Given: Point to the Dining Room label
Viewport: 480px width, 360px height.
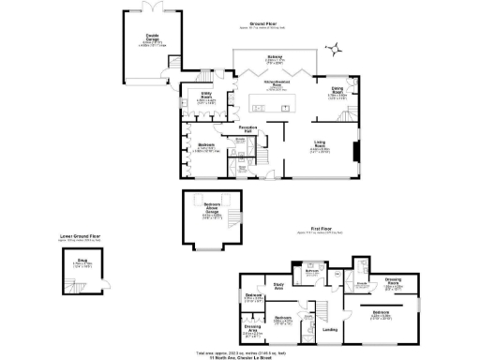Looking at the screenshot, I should click(x=339, y=90).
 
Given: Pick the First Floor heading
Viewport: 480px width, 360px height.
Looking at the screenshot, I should click(x=324, y=228).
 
